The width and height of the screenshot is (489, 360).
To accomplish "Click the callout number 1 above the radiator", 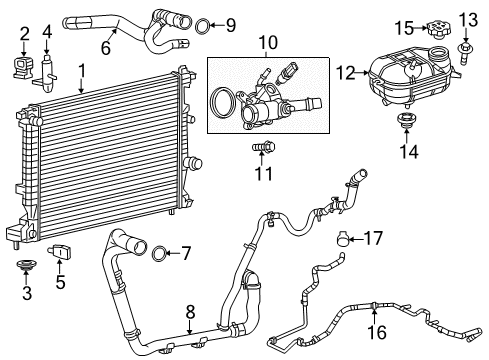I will (82, 72).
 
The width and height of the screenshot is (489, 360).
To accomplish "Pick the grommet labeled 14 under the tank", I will (406, 123).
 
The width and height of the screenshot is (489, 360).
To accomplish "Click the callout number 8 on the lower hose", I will (190, 312).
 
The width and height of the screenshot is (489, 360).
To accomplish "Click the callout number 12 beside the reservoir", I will (345, 71).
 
